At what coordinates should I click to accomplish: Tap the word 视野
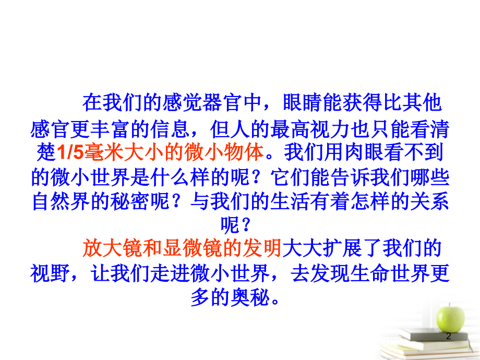click(x=49, y=273)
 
